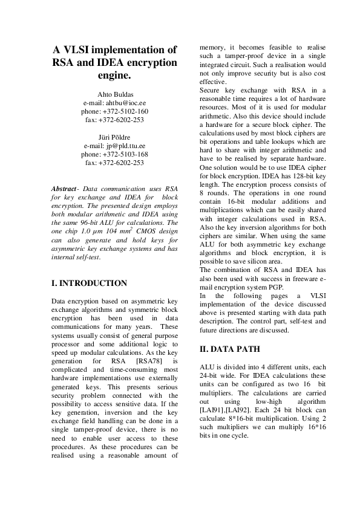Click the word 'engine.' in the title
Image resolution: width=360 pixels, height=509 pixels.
point(114,76)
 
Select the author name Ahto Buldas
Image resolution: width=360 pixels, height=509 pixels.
point(114,95)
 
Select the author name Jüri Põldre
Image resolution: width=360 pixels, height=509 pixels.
point(114,137)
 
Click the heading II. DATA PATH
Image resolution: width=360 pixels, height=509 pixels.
point(229,349)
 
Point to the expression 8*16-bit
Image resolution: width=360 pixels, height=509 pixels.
point(236,418)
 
